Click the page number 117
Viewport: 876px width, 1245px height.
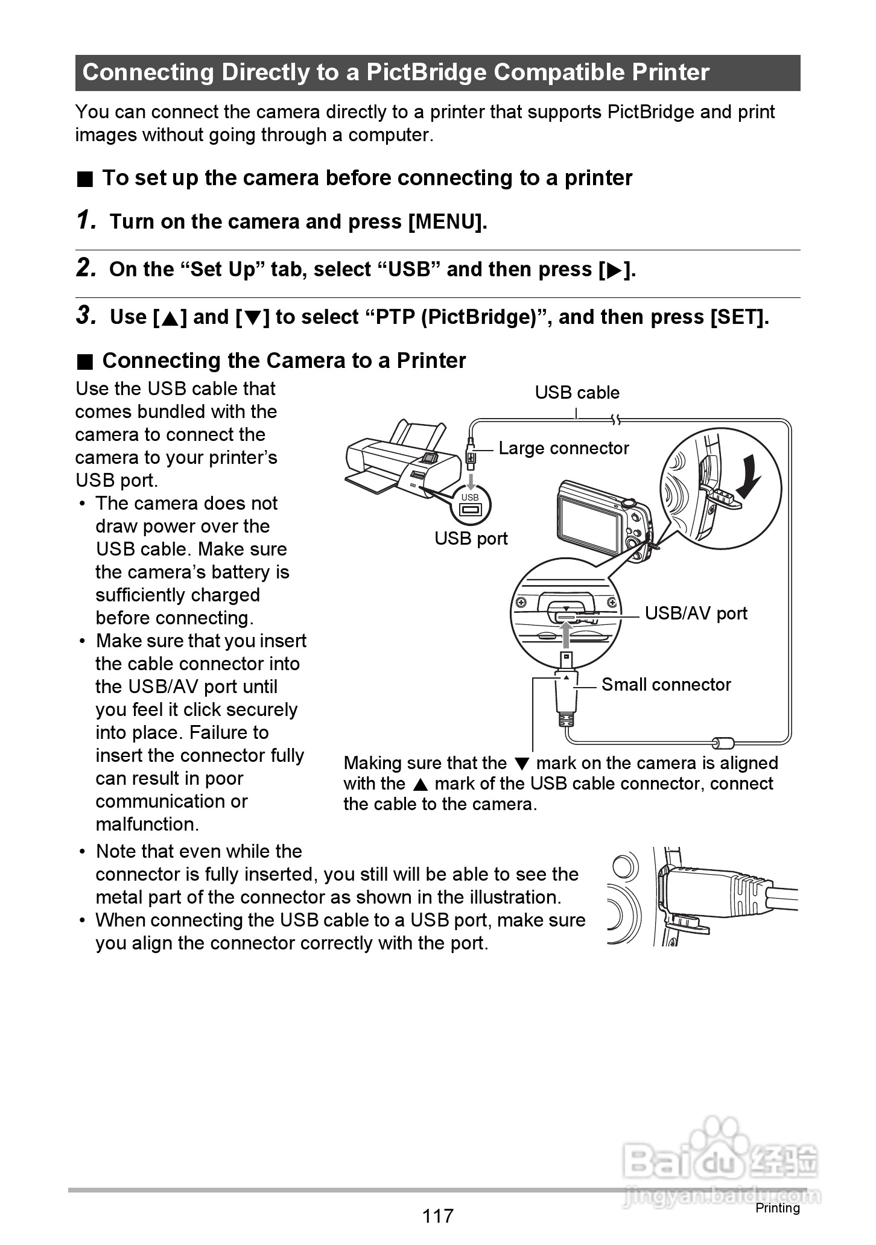tap(437, 1215)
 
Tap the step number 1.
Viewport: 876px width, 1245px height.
tap(86, 221)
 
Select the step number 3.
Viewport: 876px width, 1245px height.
tap(86, 316)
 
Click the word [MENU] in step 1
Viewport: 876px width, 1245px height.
tap(446, 222)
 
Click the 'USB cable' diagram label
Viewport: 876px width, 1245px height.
tap(577, 393)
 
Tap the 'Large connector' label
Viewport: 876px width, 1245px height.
tap(563, 448)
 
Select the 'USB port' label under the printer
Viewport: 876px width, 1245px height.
tap(471, 539)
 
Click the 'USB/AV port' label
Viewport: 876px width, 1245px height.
tap(696, 613)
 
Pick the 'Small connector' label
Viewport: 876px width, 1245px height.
tap(666, 685)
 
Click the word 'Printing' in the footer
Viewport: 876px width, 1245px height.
tap(777, 1208)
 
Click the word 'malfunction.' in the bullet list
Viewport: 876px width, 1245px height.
tap(147, 824)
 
